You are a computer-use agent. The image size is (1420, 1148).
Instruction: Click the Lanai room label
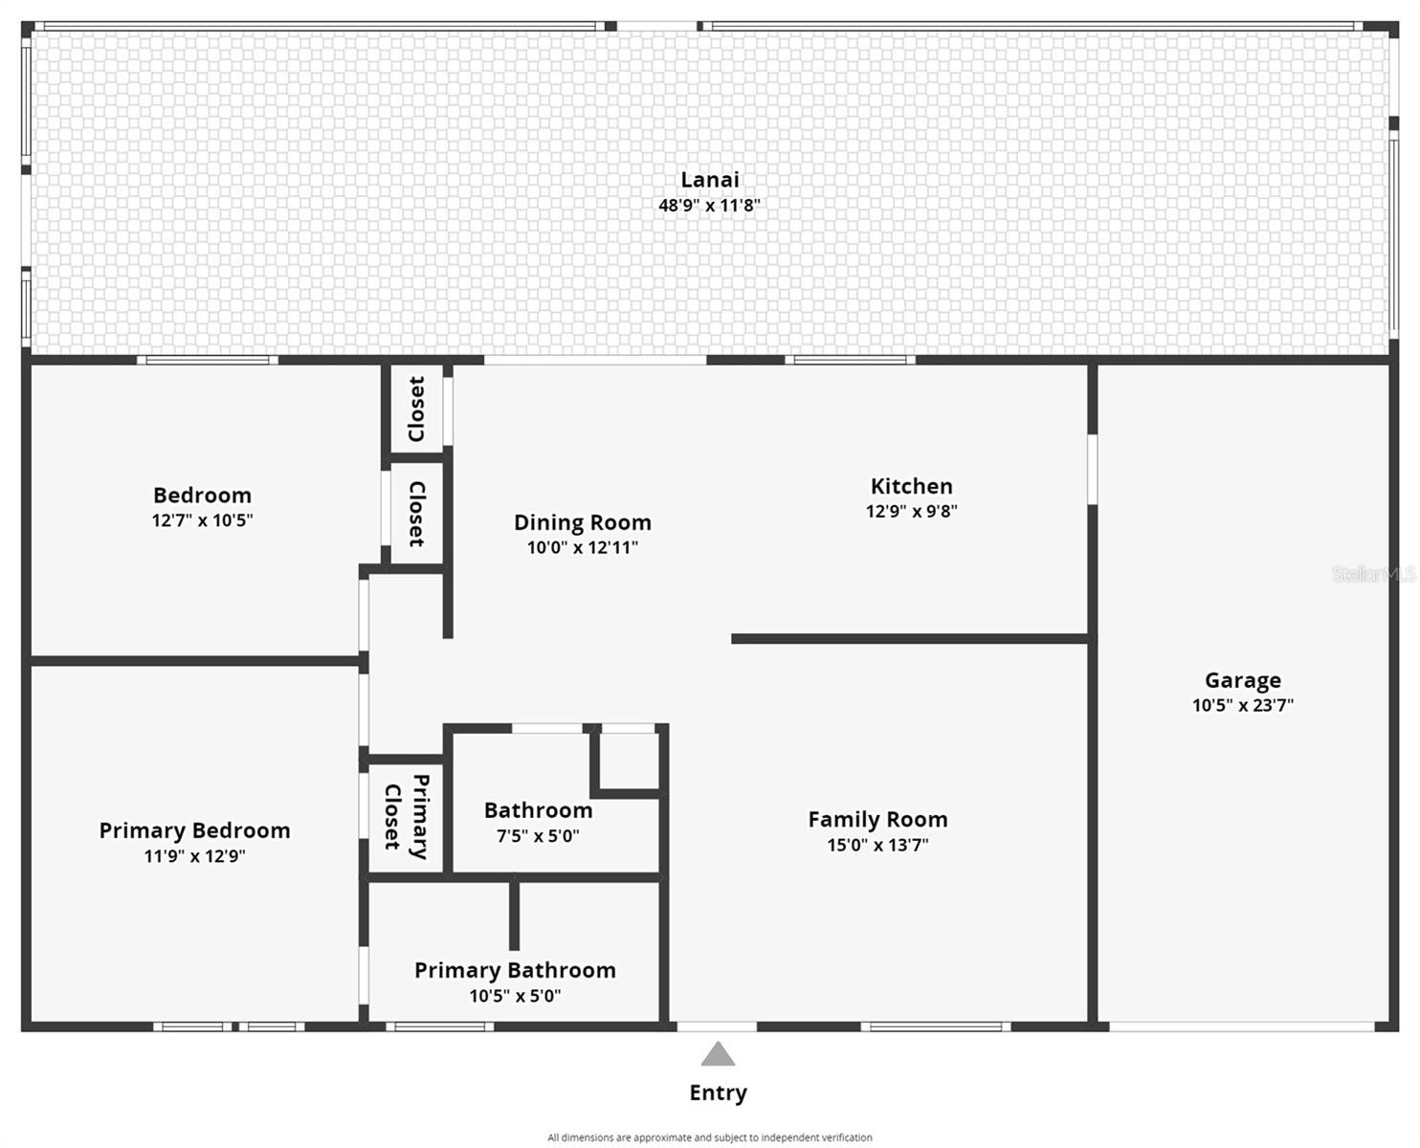tap(709, 180)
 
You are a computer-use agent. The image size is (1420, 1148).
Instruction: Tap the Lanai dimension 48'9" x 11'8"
tap(709, 205)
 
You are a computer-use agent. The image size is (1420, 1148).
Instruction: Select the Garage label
tap(1242, 680)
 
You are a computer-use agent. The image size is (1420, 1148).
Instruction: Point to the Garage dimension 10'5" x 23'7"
tap(1242, 705)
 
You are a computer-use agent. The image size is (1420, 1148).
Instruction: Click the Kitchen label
tap(911, 486)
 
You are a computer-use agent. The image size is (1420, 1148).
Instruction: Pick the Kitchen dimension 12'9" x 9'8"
tap(911, 511)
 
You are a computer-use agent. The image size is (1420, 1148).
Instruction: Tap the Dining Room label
tap(582, 522)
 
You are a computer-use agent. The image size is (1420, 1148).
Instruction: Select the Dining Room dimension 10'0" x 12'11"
tap(582, 547)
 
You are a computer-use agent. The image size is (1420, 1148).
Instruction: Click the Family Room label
tap(877, 820)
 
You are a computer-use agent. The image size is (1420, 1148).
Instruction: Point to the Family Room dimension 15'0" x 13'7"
tap(877, 845)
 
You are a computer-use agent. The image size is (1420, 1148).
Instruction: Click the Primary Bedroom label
tap(194, 830)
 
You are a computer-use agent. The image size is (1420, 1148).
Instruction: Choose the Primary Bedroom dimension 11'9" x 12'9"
tap(194, 856)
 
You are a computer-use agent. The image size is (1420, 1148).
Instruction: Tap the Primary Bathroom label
tap(515, 970)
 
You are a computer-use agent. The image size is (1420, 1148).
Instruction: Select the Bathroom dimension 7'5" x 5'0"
tap(537, 835)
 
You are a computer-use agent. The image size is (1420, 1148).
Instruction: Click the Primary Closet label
tap(406, 817)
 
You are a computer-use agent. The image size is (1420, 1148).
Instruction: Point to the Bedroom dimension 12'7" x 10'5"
tap(202, 520)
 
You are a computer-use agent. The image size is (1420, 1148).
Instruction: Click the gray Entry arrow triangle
tap(718, 1055)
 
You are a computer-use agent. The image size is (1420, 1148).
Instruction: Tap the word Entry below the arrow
tap(718, 1093)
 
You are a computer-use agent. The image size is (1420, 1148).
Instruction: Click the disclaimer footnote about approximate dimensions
tap(709, 1137)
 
